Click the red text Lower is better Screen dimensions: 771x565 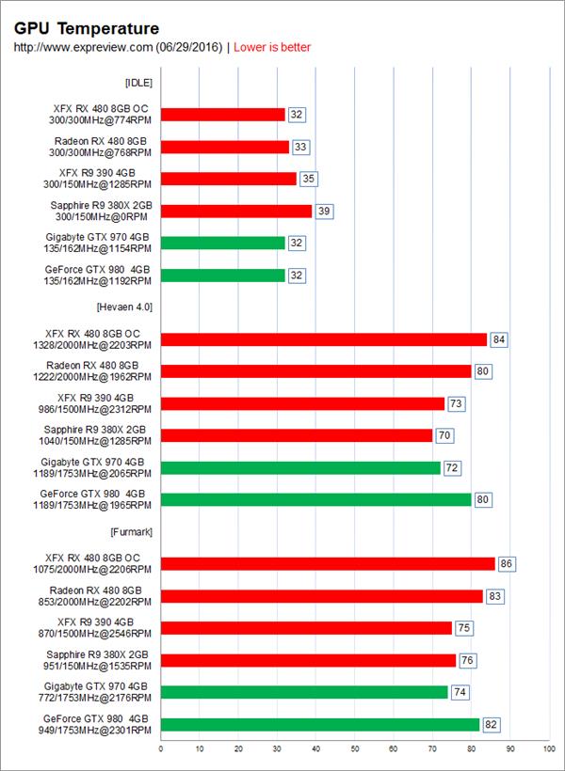click(x=272, y=47)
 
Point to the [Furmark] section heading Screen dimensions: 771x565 click(x=131, y=532)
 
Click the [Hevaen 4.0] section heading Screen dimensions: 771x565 click(x=123, y=307)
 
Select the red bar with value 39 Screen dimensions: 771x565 click(x=236, y=211)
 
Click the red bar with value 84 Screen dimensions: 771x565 click(x=324, y=339)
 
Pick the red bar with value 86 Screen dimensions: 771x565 click(x=328, y=564)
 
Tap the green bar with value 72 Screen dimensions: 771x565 click(x=300, y=467)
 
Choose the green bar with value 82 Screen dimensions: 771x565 click(x=320, y=724)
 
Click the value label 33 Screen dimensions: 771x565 click(x=301, y=147)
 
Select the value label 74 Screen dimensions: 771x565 click(x=460, y=692)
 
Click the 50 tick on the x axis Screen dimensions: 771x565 click(x=355, y=749)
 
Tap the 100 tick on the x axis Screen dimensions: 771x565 click(x=548, y=749)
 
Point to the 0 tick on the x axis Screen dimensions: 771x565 click(x=161, y=749)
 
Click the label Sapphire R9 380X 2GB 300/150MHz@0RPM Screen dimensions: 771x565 click(x=102, y=211)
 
